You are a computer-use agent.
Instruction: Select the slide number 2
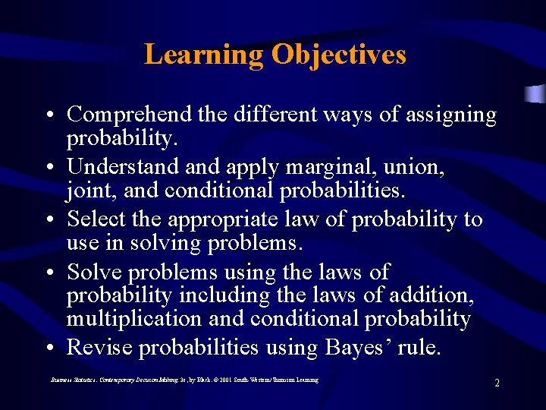pos(497,383)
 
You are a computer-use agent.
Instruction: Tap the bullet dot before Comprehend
pos(48,116)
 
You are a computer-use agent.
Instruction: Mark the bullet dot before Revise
pos(48,348)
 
